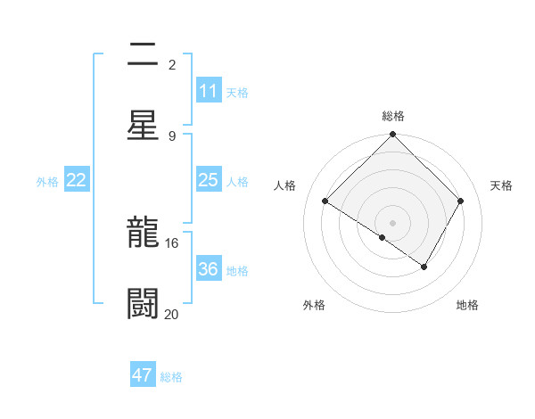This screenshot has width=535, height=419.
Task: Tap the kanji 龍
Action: [x=144, y=233]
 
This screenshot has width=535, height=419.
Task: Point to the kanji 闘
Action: [x=144, y=303]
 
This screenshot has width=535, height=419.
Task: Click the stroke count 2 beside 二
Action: [x=172, y=65]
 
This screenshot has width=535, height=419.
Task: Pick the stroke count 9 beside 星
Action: [x=172, y=136]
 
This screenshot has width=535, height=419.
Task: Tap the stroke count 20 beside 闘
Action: [x=172, y=314]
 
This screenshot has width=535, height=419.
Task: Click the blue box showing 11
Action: [x=209, y=91]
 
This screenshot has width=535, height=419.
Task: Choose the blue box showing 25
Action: [x=209, y=180]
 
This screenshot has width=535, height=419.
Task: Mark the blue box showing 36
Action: [x=209, y=269]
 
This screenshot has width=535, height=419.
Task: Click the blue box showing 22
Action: [x=77, y=180]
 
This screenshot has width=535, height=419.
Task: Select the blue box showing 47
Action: [x=143, y=375]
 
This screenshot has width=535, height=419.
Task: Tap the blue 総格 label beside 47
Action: [x=171, y=377]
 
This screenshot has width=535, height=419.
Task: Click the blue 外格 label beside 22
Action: [x=47, y=182]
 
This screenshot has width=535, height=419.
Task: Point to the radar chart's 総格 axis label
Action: [x=393, y=116]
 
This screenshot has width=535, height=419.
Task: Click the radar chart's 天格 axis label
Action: [x=501, y=185]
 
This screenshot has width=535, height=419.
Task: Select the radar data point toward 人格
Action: [x=325, y=201]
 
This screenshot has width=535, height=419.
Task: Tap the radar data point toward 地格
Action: [x=424, y=267]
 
